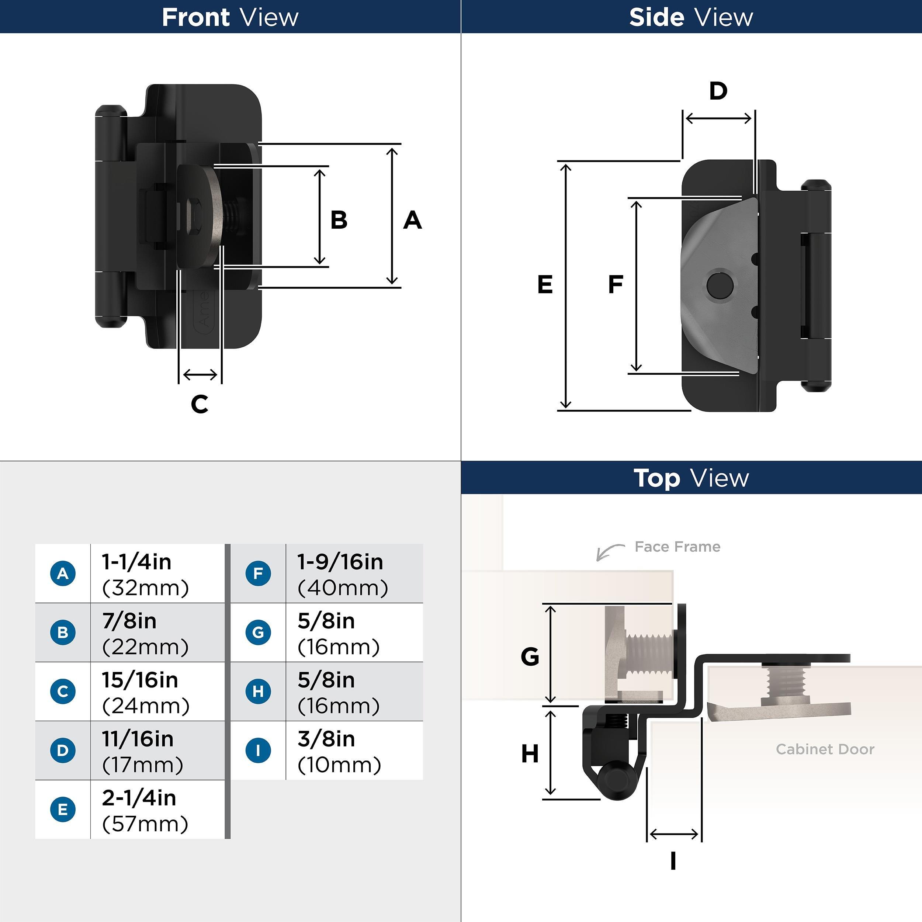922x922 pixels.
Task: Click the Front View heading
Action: tap(230, 17)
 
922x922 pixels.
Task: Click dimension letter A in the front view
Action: tap(412, 220)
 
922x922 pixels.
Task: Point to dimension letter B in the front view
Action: tap(339, 220)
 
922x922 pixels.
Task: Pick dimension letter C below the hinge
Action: tap(200, 404)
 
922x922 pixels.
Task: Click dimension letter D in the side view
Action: tap(718, 91)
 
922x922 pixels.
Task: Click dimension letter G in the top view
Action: tap(530, 657)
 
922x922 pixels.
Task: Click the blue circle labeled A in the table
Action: tap(63, 573)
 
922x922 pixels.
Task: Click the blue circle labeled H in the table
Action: tap(258, 691)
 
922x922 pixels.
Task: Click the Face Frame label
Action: tap(677, 547)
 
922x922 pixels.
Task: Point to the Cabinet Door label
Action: tap(825, 749)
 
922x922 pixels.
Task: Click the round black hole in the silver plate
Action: tap(720, 285)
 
